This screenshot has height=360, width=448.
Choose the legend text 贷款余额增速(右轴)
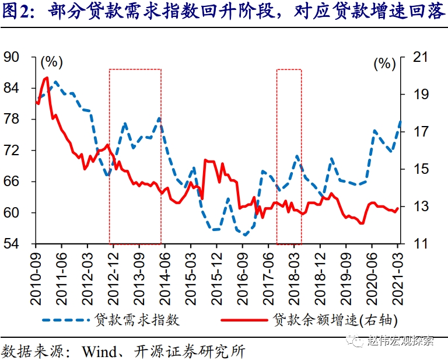(336, 320)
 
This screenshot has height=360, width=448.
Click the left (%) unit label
(51, 61)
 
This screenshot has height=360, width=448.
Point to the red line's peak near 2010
(46, 78)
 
